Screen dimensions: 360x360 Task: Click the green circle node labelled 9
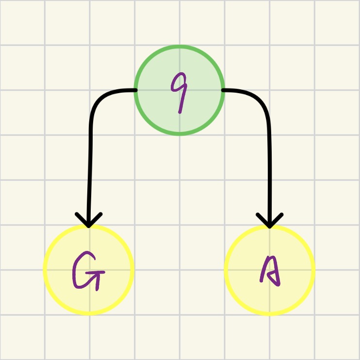pyautogui.click(x=179, y=90)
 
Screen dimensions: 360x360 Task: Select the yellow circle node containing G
pyautogui.click(x=88, y=269)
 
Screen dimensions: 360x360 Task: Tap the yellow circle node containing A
pyautogui.click(x=269, y=269)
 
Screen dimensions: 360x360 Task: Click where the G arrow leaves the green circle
pyautogui.click(x=135, y=90)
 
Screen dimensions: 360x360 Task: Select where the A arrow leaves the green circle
pyautogui.click(x=223, y=90)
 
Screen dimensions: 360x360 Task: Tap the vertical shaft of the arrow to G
pyautogui.click(x=90, y=165)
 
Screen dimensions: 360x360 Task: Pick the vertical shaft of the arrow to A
pyautogui.click(x=269, y=165)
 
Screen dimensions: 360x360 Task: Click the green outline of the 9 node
pyautogui.click(x=179, y=48)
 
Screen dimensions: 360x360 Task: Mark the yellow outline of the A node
pyautogui.click(x=313, y=269)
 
